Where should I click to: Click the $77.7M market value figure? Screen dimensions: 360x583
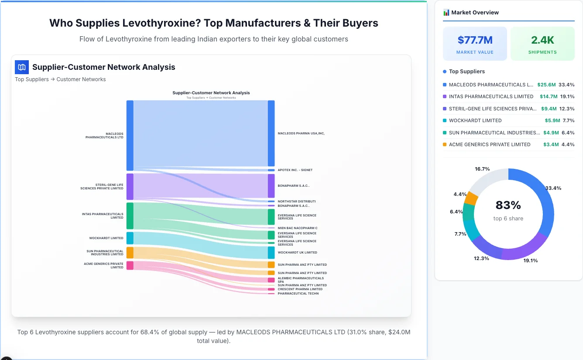(x=475, y=40)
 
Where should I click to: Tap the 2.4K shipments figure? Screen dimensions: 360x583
(x=542, y=40)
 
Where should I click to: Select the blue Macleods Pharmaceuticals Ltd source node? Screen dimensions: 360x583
(x=130, y=135)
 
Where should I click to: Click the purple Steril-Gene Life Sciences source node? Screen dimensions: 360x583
(x=130, y=186)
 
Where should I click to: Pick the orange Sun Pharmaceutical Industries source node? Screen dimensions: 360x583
(x=130, y=253)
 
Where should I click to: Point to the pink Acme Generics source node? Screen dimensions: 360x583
(x=130, y=265)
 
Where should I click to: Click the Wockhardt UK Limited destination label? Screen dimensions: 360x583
(x=297, y=253)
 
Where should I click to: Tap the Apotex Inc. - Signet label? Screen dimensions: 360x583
(x=295, y=170)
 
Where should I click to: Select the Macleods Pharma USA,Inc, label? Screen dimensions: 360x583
(x=301, y=134)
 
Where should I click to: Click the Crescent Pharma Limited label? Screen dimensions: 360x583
(x=300, y=289)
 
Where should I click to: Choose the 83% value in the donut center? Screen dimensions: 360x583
(x=508, y=205)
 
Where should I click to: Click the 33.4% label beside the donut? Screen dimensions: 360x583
(x=553, y=188)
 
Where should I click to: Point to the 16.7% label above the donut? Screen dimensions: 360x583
(x=482, y=169)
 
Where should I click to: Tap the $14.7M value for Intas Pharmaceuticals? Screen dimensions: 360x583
(x=549, y=96)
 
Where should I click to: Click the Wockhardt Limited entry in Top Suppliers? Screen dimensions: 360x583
(x=475, y=120)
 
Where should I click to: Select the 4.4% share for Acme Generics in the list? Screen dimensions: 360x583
(x=568, y=144)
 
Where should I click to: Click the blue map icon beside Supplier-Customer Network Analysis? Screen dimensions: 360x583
(x=22, y=67)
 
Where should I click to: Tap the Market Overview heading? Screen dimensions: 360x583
(x=475, y=13)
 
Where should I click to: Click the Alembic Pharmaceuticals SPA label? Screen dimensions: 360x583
(x=301, y=280)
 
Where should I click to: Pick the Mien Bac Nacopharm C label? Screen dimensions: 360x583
(x=297, y=228)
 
